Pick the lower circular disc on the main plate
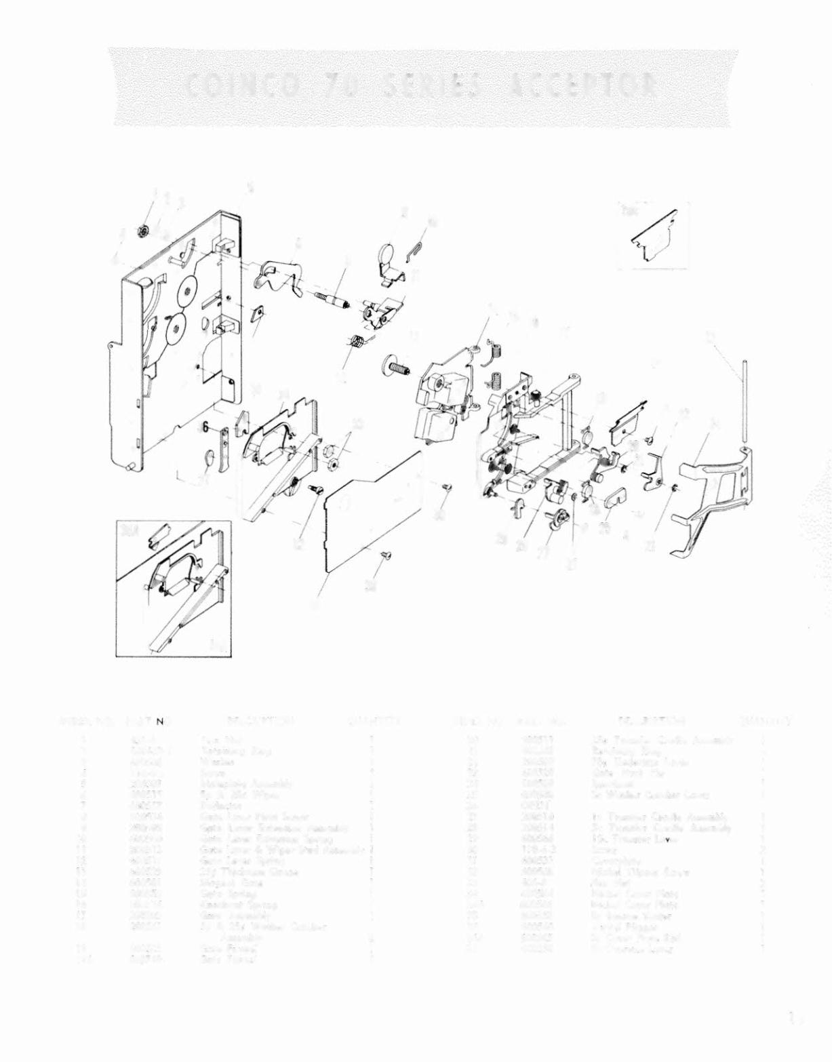(174, 329)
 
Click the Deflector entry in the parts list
(218, 805)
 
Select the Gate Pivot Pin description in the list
(620, 772)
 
